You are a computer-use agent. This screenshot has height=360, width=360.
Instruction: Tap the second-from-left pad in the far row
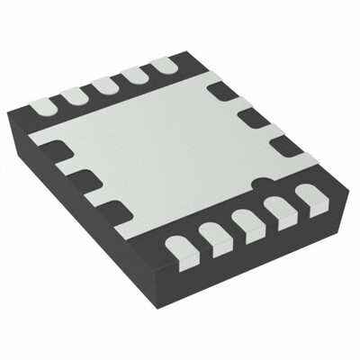[x=74, y=95]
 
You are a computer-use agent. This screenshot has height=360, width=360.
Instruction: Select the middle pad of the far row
[x=103, y=85]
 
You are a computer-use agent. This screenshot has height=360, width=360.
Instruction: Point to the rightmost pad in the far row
[x=162, y=66]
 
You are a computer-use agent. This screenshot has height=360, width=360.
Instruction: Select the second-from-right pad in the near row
[x=276, y=209]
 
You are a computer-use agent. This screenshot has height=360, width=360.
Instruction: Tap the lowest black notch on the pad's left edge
[x=113, y=211]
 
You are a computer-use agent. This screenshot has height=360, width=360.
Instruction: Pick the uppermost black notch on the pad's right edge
[x=222, y=91]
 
